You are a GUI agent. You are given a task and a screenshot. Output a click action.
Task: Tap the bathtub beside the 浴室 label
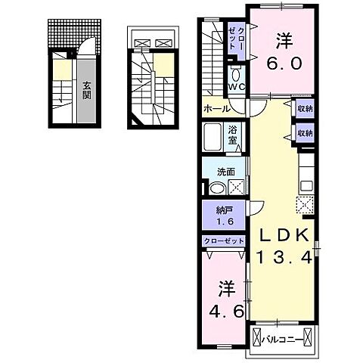pos(213,136)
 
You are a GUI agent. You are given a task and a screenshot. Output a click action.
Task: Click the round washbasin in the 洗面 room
pos(216,190)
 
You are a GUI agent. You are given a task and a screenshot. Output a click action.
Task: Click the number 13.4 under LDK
pos(283,258)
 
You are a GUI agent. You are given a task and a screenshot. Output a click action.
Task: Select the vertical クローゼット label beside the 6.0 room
pos(236,38)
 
